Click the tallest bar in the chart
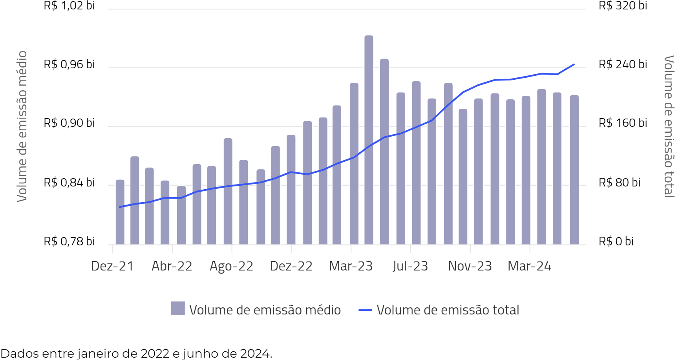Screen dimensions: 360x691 point(369,139)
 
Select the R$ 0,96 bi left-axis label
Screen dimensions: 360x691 point(69,64)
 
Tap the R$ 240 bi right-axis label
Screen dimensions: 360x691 point(623,64)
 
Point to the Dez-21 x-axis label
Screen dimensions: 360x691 point(112,266)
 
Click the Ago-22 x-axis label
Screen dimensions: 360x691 point(232,266)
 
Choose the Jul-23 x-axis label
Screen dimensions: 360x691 point(410,266)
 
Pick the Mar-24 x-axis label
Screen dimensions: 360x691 point(529,266)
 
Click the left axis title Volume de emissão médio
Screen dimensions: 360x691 point(22,126)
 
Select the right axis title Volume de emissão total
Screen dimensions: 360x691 point(669,126)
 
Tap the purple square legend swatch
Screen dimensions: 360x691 point(178,309)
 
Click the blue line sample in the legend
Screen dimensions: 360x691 point(365,310)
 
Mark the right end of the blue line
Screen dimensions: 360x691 point(574,64)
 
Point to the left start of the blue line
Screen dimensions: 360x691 point(120,207)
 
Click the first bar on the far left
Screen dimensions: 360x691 point(120,212)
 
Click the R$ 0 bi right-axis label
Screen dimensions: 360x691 point(616,241)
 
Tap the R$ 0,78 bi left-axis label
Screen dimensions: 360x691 point(69,241)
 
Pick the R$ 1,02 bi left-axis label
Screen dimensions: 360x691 point(69,5)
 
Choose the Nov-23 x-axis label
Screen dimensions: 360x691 point(470,266)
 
